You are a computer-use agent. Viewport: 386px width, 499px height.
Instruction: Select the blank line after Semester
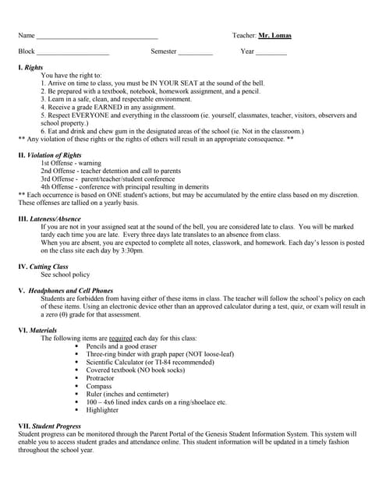coord(195,52)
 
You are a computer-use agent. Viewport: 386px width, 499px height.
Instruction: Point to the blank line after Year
coord(271,52)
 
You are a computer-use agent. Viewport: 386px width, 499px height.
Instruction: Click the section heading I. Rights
coord(30,68)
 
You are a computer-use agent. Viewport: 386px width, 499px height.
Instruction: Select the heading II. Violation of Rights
coord(49,155)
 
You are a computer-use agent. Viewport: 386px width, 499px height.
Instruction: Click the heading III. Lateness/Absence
coord(49,219)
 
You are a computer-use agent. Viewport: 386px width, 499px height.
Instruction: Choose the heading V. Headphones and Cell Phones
coord(65,290)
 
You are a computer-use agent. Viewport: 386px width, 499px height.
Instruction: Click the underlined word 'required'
coord(120,338)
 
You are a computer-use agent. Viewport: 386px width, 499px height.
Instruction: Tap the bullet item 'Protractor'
coord(100,377)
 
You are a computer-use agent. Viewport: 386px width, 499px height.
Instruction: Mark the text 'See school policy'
coord(65,274)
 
